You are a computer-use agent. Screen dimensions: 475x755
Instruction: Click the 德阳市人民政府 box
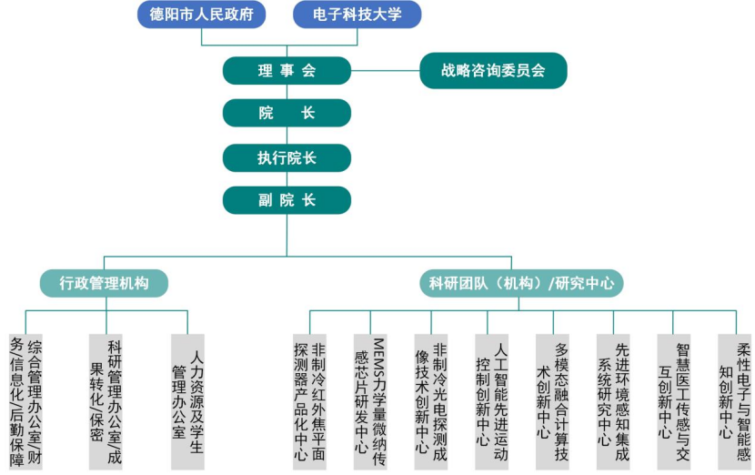click(207, 15)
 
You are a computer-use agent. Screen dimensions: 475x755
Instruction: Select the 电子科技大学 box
click(358, 15)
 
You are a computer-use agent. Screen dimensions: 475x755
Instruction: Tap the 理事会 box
click(287, 70)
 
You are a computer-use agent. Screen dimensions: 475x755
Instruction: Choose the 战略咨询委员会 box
click(493, 70)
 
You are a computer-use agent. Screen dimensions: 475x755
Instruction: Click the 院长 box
click(287, 113)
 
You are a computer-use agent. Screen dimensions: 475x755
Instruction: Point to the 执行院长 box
click(287, 157)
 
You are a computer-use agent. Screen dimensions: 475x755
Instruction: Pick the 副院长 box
click(287, 200)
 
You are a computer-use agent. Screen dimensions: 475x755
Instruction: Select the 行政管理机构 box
click(104, 283)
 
